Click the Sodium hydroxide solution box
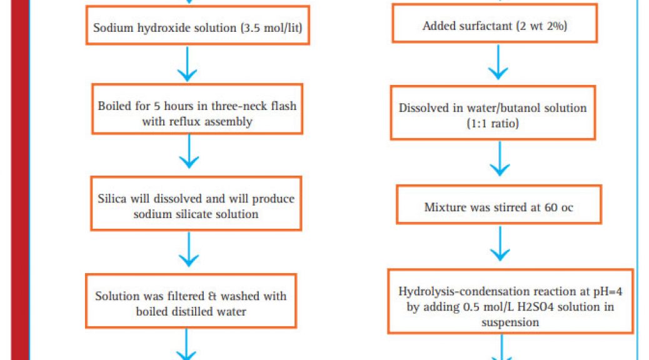[198, 25]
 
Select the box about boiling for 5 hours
[197, 109]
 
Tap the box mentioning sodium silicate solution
[196, 203]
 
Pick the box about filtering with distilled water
[191, 301]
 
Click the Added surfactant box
[495, 23]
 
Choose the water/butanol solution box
[493, 112]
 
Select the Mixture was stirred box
[499, 204]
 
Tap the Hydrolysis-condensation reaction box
[510, 301]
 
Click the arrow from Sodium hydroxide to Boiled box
[187, 64]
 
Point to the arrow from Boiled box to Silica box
[189, 151]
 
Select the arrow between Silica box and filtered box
[189, 249]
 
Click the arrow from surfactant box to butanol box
[498, 62]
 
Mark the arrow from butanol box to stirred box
[500, 159]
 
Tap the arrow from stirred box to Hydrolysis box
[500, 243]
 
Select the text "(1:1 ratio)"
[493, 123]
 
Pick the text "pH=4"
[608, 292]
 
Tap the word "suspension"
[510, 322]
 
